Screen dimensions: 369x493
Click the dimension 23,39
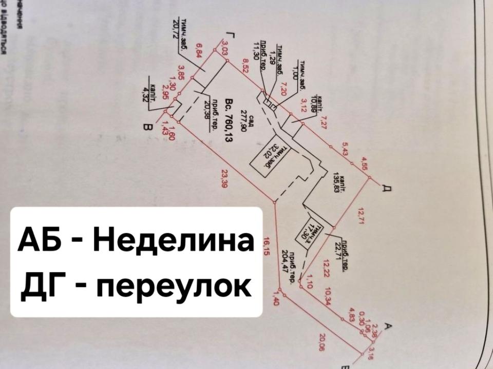click(223, 180)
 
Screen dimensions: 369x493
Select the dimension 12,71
click(359, 216)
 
